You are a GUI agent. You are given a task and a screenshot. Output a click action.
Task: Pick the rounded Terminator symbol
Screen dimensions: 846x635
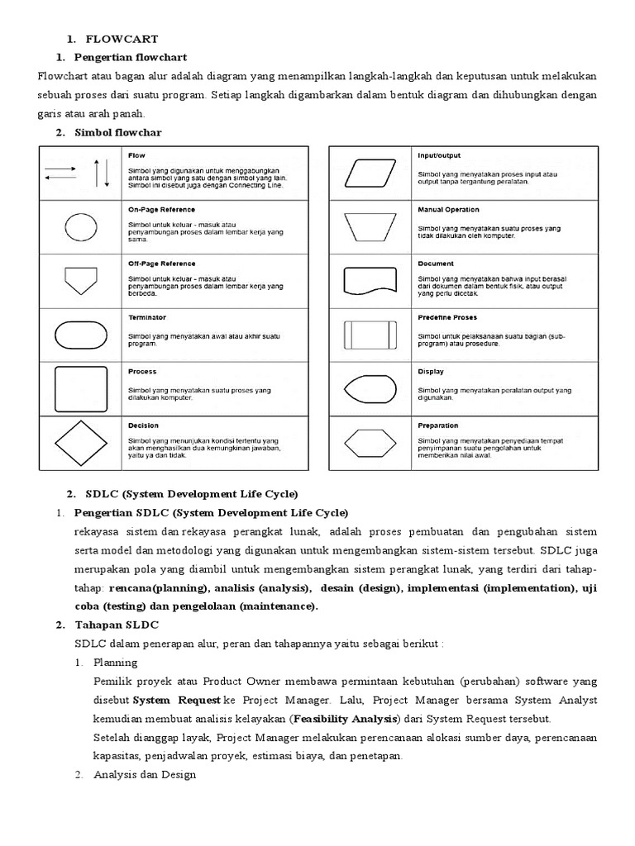pos(80,335)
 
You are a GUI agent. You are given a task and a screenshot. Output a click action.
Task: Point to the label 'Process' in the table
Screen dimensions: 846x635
pos(142,372)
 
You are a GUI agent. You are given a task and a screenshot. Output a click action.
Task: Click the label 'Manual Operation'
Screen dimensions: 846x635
pos(448,210)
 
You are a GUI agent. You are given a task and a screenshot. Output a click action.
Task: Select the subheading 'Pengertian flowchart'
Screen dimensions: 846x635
pos(131,57)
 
